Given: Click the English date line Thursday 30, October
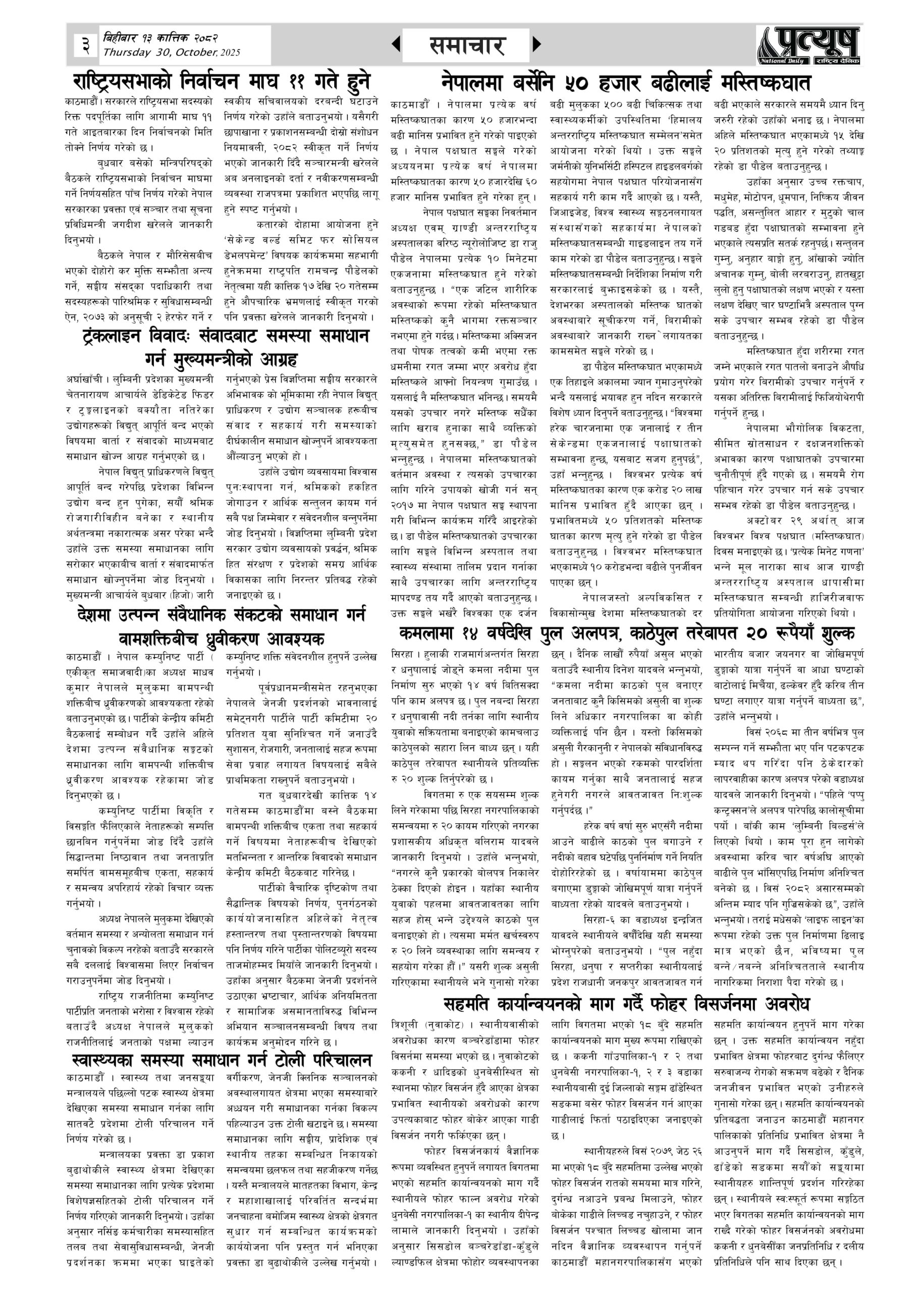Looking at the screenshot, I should [x=172, y=53].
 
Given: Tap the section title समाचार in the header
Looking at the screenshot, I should [x=466, y=45].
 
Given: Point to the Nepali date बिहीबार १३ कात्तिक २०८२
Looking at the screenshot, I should [x=160, y=38].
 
